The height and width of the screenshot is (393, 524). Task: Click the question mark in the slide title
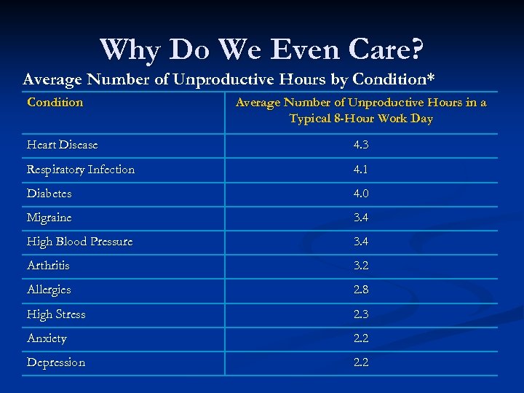tap(416, 49)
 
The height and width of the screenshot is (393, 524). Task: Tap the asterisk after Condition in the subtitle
tap(440, 76)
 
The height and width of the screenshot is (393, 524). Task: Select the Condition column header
tap(55, 103)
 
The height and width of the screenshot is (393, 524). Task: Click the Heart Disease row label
tap(62, 145)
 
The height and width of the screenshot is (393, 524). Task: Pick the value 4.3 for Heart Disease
tap(361, 145)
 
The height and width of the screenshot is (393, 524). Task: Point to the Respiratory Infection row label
tap(81, 170)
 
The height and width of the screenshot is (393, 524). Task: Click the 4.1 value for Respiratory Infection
tap(361, 170)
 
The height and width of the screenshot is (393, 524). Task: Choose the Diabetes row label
tap(49, 194)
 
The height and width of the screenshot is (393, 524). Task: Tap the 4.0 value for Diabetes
tap(361, 194)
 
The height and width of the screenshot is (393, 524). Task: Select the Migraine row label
tap(49, 218)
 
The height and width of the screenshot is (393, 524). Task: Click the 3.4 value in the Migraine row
tap(361, 218)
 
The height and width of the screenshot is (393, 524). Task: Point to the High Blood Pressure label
tap(80, 242)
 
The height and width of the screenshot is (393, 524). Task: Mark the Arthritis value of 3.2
tap(361, 266)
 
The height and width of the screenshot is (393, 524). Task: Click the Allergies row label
tap(49, 290)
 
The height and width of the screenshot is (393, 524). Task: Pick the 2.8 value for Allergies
tap(361, 290)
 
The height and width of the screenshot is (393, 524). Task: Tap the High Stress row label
tap(56, 314)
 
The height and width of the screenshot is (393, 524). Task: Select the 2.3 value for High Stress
tap(361, 314)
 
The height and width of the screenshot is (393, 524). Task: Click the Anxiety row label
tap(47, 338)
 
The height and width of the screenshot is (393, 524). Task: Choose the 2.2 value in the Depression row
tap(361, 362)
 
